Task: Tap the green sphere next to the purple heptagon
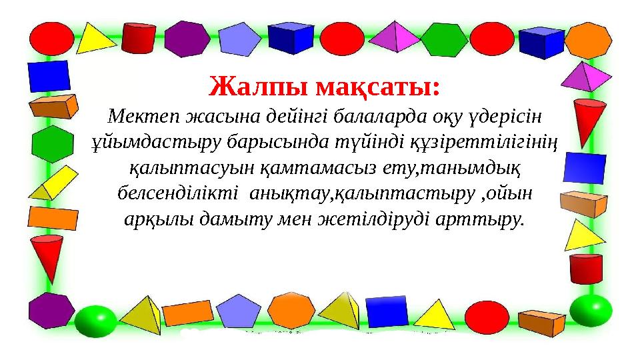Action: pos(95,321)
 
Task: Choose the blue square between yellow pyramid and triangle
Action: pos(387,310)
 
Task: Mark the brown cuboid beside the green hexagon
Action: pos(53,105)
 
